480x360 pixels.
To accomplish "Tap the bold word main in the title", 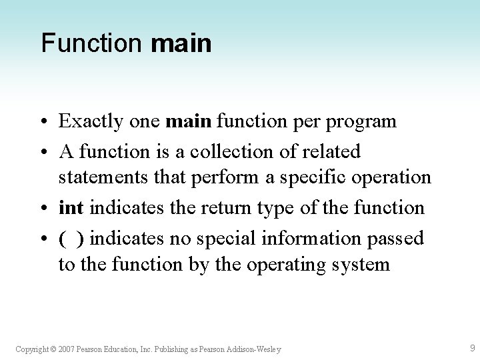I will (x=181, y=44).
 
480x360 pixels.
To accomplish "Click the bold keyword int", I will (x=71, y=208).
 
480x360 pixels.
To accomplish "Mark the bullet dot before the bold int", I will (x=45, y=209).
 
